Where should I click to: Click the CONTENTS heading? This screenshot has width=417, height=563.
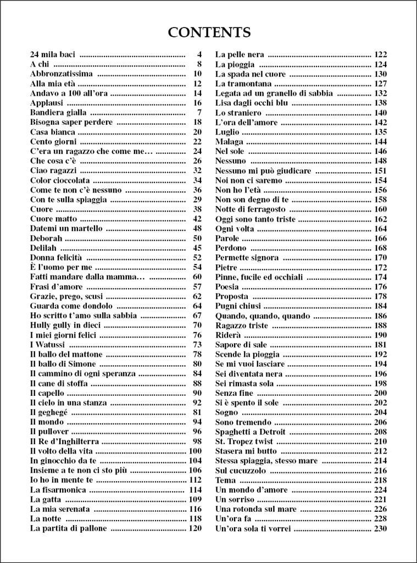coord(209,32)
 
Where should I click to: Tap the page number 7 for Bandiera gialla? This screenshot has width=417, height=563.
coord(199,113)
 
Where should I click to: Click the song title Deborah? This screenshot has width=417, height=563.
coord(46,238)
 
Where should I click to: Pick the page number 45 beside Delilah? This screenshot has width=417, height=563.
coord(197,248)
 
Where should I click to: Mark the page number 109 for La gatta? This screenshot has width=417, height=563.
coord(195,500)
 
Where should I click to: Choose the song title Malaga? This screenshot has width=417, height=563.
coord(229,142)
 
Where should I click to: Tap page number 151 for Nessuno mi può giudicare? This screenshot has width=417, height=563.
coord(380,171)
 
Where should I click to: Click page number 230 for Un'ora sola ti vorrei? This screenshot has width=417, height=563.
coord(380,529)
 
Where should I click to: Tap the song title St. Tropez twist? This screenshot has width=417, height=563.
coord(243,441)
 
